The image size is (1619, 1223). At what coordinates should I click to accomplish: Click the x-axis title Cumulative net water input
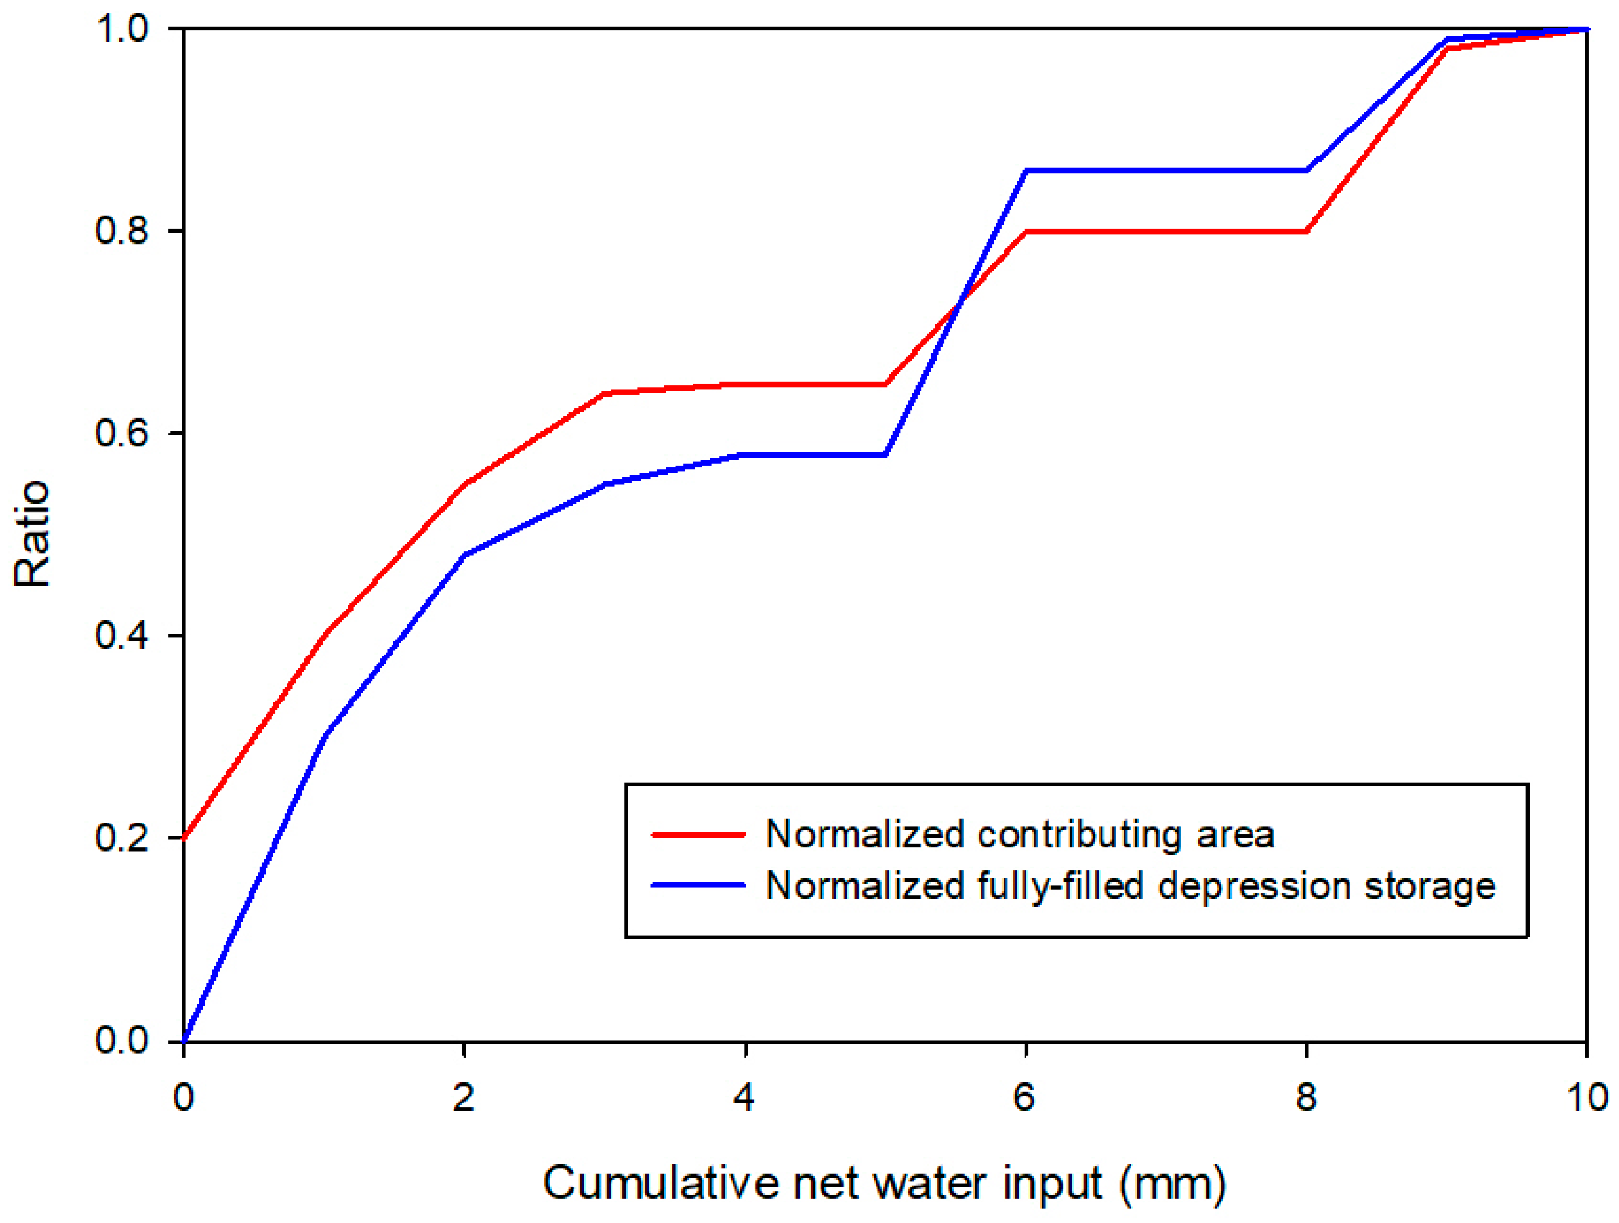pyautogui.click(x=884, y=1183)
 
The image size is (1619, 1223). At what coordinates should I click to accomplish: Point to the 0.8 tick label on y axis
pyautogui.click(x=121, y=231)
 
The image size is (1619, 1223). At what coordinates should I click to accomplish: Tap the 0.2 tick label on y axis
pyautogui.click(x=121, y=837)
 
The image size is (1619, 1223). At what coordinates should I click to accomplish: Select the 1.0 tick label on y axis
pyautogui.click(x=121, y=30)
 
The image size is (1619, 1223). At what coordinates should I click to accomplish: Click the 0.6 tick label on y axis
pyautogui.click(x=121, y=433)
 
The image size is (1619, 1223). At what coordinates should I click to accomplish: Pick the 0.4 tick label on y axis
pyautogui.click(x=121, y=635)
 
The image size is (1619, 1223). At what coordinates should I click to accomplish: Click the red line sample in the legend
pyautogui.click(x=698, y=834)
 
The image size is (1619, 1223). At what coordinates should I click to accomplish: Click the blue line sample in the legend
pyautogui.click(x=698, y=885)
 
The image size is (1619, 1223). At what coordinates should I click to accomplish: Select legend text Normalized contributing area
pyautogui.click(x=1020, y=834)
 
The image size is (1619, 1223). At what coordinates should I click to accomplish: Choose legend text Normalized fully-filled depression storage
pyautogui.click(x=1130, y=885)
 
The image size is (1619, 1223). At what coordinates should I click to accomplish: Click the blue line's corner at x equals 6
pyautogui.click(x=1026, y=171)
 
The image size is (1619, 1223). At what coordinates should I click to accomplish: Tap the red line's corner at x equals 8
pyautogui.click(x=1306, y=231)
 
